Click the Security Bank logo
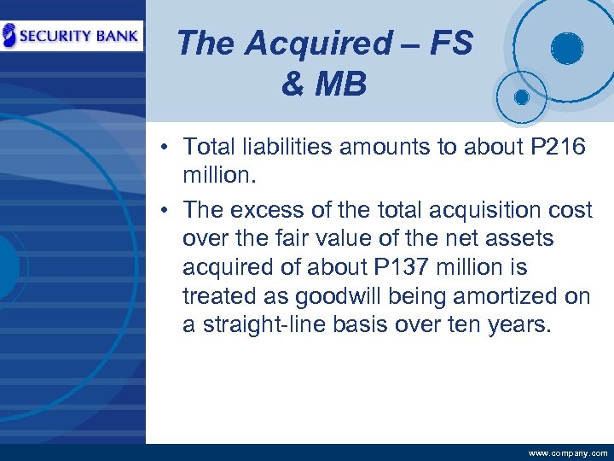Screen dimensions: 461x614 (x=72, y=37)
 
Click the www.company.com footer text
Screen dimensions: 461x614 (x=568, y=453)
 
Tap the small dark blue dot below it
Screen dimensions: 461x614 (x=521, y=96)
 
